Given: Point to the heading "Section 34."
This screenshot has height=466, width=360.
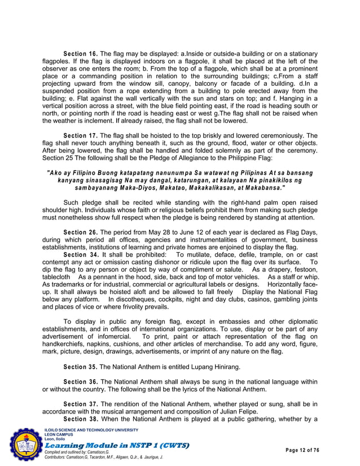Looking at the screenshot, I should (x=80, y=254).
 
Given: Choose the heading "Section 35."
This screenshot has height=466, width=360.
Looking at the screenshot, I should (x=80, y=366).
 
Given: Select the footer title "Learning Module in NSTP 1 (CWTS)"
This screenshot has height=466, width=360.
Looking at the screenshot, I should (x=116, y=446).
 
